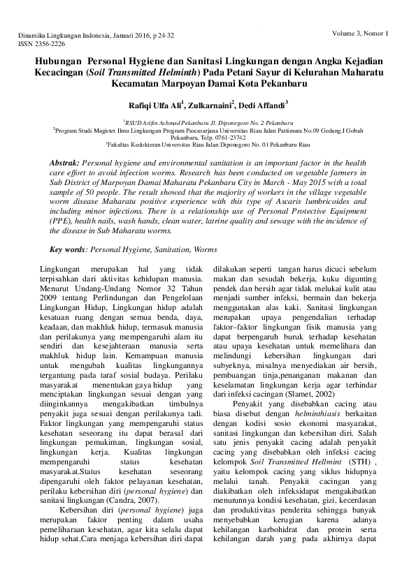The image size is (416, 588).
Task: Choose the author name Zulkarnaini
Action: pos(209,105)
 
